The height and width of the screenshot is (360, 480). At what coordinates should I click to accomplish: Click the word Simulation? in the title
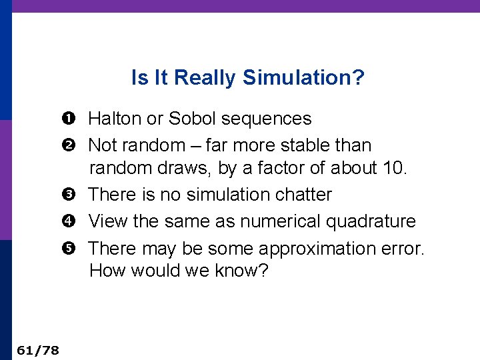point(303,78)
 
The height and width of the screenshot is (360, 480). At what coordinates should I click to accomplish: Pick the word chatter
point(303,195)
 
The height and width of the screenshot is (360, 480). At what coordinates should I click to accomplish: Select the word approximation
point(319,249)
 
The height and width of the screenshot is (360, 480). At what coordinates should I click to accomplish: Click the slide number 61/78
point(37,349)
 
